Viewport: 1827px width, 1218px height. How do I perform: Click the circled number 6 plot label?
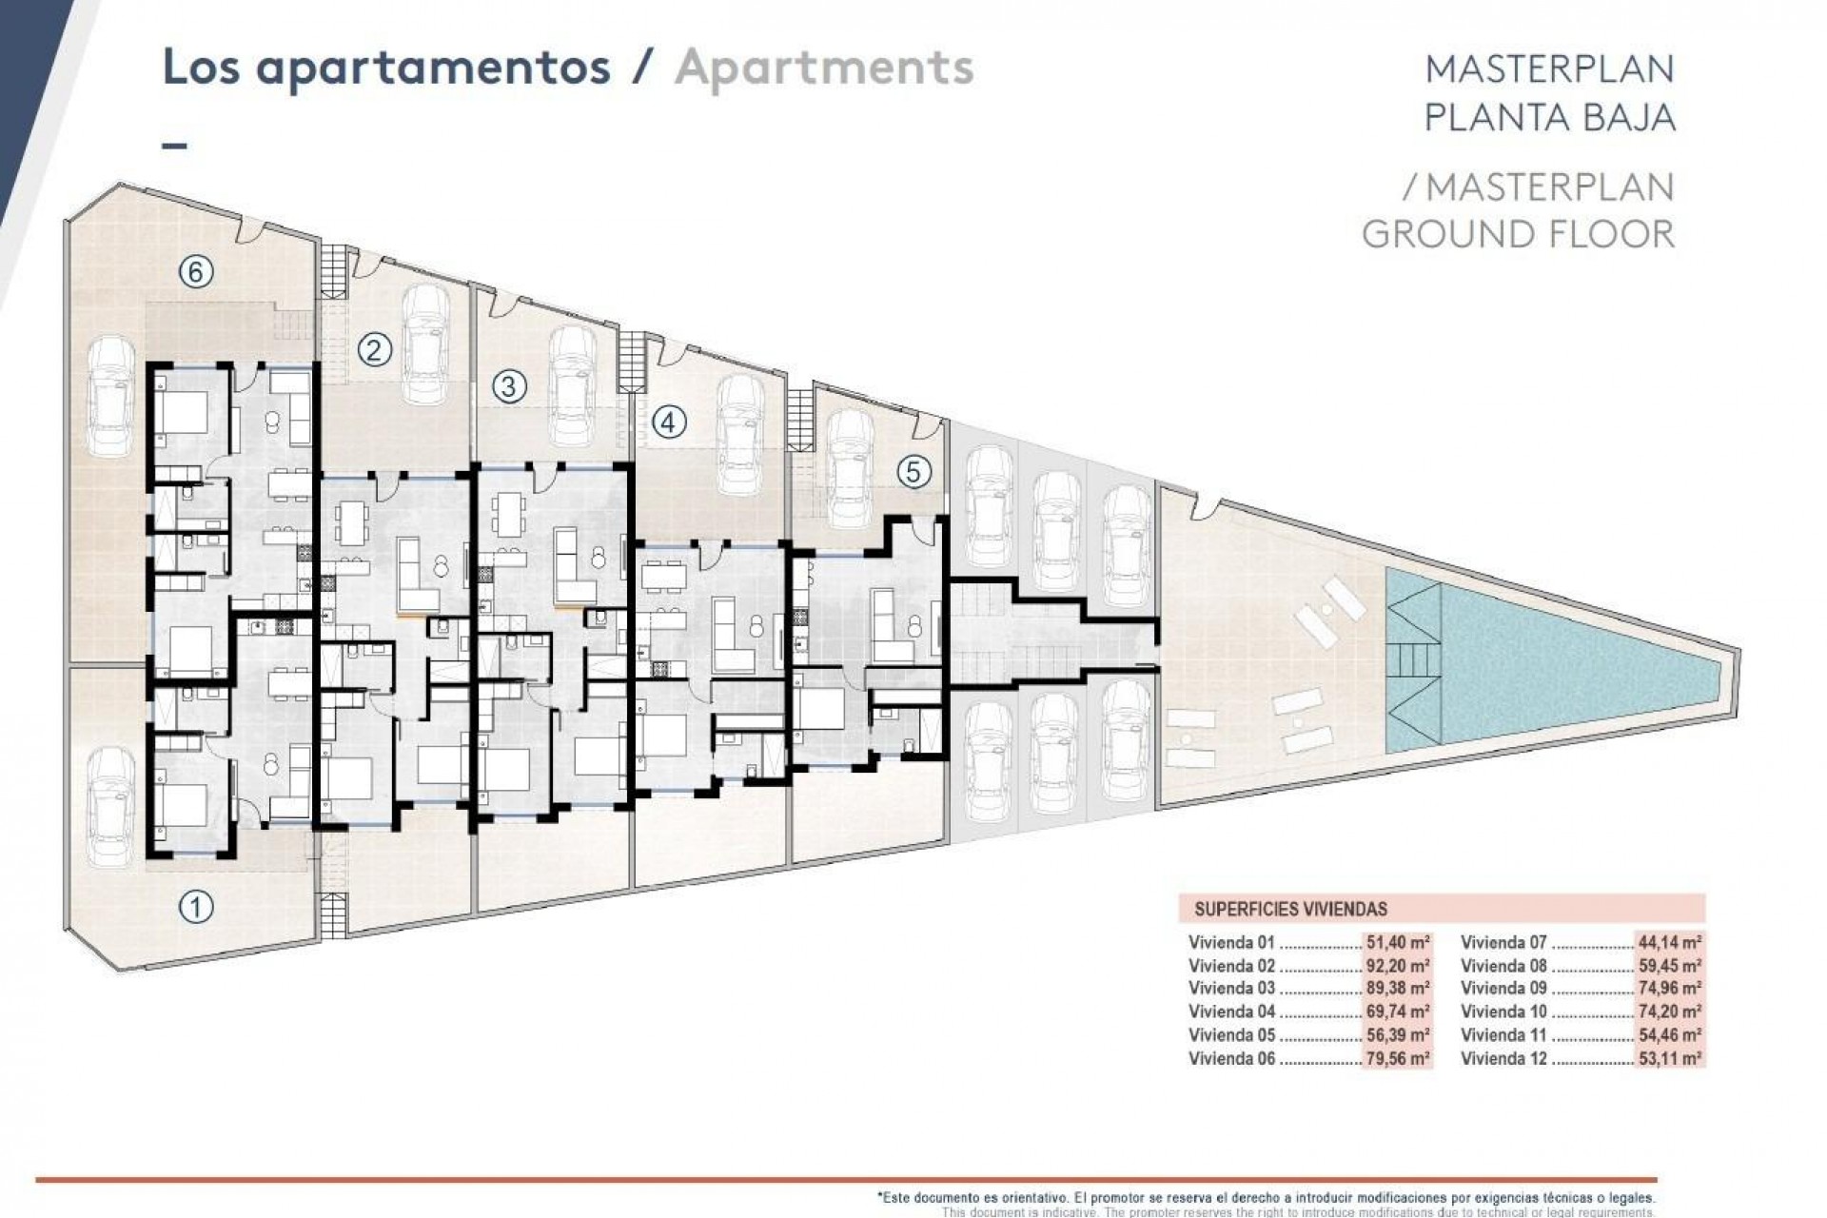click(195, 273)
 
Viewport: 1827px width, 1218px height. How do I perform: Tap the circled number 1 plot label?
click(196, 907)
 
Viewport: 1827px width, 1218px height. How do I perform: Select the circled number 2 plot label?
click(374, 351)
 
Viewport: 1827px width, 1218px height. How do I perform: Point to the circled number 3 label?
click(509, 386)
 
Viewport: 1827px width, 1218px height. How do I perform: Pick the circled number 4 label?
click(669, 422)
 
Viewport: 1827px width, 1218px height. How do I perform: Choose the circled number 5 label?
click(913, 472)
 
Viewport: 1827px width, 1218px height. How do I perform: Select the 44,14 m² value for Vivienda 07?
click(1670, 942)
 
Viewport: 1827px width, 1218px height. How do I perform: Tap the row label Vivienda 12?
click(1504, 1058)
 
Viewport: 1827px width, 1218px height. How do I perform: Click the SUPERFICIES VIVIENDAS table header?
click(1290, 909)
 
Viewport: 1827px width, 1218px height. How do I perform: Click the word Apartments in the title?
click(824, 68)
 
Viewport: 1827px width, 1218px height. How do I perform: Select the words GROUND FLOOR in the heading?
click(1518, 234)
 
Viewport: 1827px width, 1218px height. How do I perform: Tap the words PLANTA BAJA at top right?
click(1549, 117)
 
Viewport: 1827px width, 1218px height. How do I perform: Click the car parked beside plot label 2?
click(427, 344)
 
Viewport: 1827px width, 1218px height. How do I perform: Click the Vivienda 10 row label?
click(1504, 1012)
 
